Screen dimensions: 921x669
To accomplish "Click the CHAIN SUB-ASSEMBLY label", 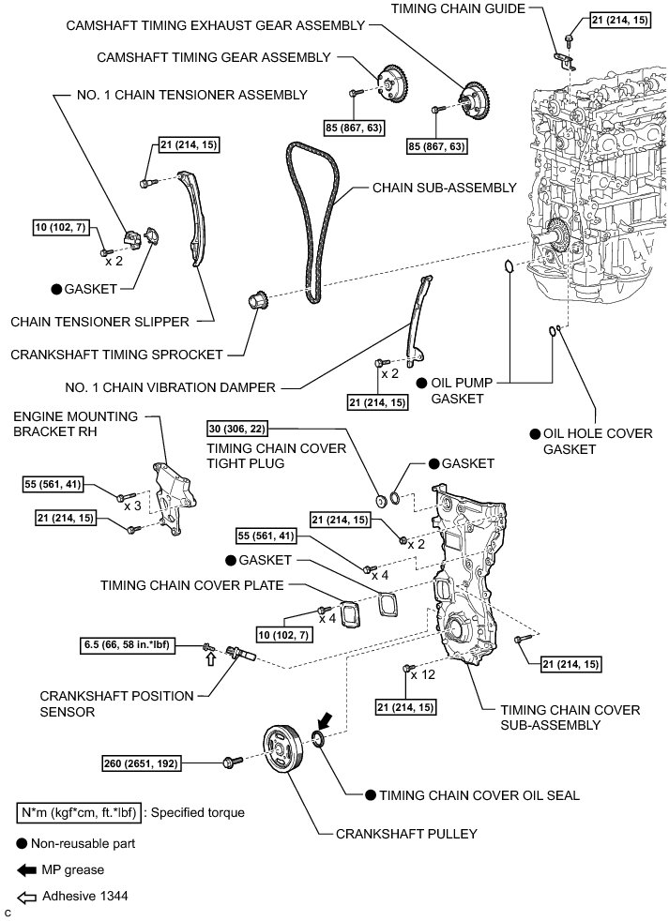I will click(x=445, y=188).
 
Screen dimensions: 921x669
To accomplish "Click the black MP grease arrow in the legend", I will click(x=26, y=869).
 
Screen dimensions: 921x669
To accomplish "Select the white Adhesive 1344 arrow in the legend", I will click(x=26, y=896).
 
